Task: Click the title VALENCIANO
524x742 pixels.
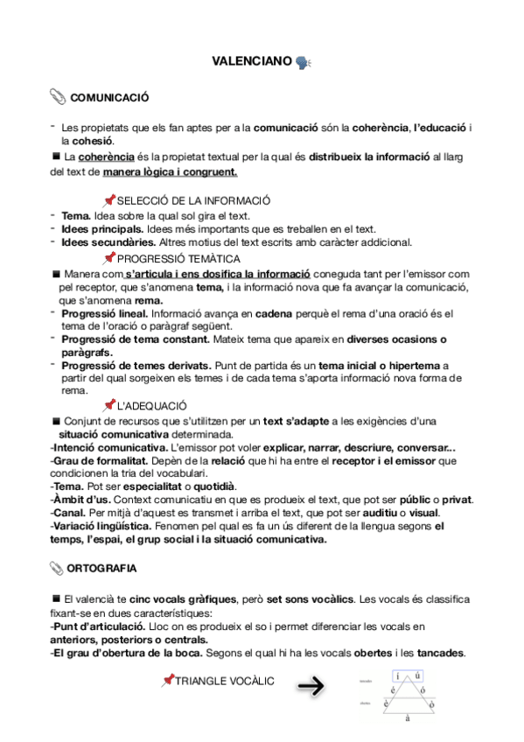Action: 252,62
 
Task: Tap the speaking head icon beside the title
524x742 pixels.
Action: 304,62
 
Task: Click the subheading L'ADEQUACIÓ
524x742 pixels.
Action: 152,405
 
